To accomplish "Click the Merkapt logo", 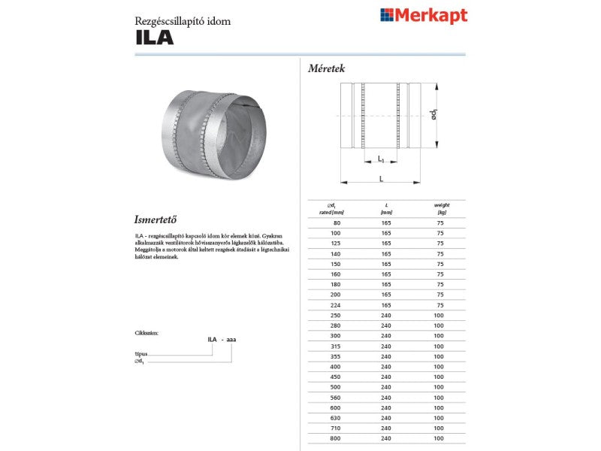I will [424, 15].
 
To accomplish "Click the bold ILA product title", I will [154, 38].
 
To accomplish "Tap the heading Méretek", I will [326, 68].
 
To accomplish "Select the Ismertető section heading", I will [154, 220].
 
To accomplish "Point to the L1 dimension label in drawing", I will [382, 159].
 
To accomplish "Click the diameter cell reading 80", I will [337, 223].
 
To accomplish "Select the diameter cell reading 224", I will [337, 305].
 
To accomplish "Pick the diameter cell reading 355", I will [337, 356].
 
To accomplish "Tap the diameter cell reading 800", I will [337, 438].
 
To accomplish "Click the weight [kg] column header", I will [441, 209].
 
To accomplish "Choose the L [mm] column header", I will [386, 209].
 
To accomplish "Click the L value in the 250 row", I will [386, 316].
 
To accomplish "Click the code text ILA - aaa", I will [222, 340].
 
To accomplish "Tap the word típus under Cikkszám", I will [140, 353].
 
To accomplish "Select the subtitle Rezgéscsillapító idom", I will [183, 21].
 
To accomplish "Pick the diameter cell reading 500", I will [337, 387].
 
